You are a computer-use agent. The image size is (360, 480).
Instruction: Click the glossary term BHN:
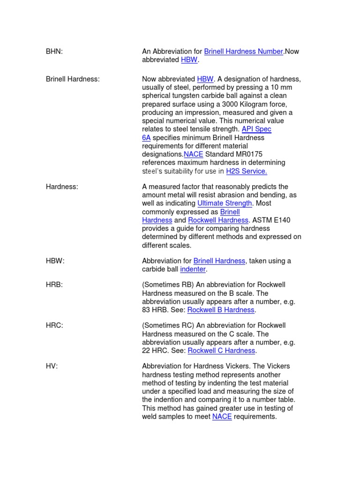(54, 52)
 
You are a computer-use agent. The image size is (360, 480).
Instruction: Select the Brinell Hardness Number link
(243, 52)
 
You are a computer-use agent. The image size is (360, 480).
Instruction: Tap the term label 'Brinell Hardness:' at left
(73, 79)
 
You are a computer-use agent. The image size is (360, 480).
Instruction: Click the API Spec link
(256, 129)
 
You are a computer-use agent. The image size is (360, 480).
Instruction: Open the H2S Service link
(247, 171)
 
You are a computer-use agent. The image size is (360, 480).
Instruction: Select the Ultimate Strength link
(225, 203)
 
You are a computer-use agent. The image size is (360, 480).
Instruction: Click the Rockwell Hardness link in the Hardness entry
(218, 220)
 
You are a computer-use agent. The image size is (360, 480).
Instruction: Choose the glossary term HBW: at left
(55, 261)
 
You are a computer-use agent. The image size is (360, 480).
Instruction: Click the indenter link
(193, 270)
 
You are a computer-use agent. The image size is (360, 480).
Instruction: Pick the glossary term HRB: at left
(55, 285)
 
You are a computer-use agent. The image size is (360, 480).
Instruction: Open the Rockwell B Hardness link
(221, 310)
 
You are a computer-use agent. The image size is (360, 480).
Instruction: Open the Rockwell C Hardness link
(221, 351)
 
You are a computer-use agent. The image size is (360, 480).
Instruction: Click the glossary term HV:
(52, 367)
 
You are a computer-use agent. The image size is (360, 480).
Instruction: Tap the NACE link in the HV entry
(222, 417)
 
